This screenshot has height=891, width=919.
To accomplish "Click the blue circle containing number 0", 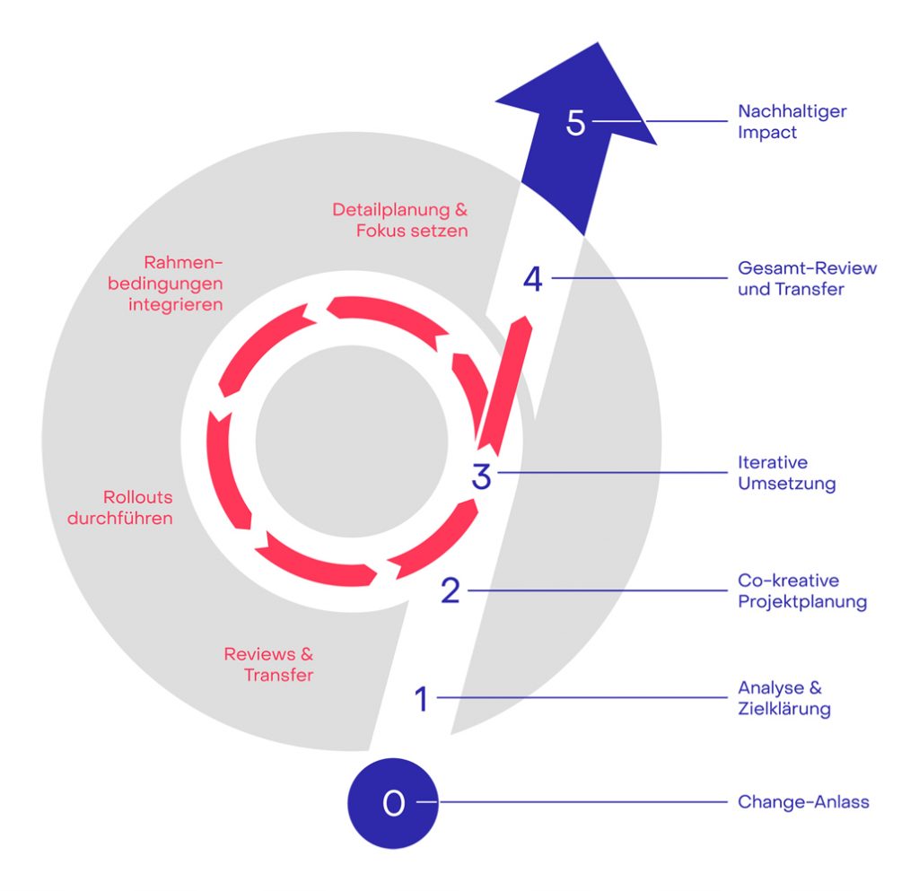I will click(392, 802).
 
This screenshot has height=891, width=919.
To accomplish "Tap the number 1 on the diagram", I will click(422, 699).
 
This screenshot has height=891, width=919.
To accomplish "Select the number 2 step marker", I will click(451, 590).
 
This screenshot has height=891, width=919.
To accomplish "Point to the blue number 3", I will click(482, 476).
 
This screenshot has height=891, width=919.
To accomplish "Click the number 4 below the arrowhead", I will click(533, 279).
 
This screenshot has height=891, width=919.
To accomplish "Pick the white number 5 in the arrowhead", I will click(575, 123).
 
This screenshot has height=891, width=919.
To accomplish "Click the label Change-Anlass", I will click(803, 802).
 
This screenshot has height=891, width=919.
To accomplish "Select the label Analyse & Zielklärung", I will click(783, 699).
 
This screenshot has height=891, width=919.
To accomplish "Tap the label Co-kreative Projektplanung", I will click(801, 590).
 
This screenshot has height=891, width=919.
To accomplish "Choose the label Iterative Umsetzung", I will click(786, 473).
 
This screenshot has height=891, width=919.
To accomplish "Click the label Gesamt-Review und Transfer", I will click(807, 278).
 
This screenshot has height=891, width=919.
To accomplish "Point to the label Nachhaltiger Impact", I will click(792, 122).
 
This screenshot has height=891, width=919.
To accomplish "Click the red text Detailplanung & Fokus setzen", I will click(400, 220).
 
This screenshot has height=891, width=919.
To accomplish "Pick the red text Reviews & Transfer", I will click(269, 664).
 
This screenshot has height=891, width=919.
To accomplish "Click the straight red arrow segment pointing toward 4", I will click(504, 384).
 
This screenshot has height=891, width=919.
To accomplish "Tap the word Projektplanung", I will click(802, 601).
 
